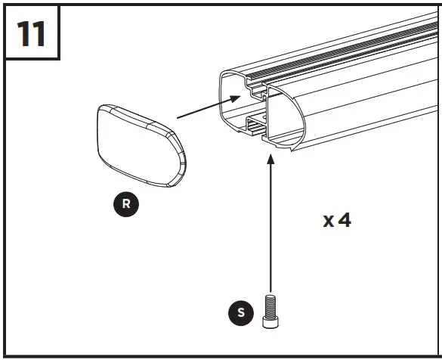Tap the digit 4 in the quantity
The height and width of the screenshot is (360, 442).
[x=344, y=220]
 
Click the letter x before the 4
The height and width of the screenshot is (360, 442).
[x=328, y=222]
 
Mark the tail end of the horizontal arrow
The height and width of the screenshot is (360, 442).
[x=178, y=117]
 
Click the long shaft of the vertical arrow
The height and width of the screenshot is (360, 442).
[x=269, y=227]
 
